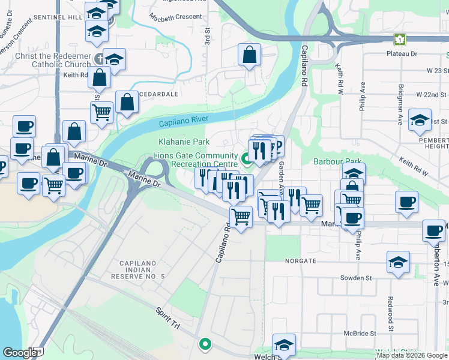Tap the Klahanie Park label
tap(184, 142)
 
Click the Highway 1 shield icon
tap(399, 40)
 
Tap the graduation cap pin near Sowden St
tap(398, 262)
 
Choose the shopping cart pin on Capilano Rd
tap(241, 216)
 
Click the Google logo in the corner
tap(20, 353)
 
